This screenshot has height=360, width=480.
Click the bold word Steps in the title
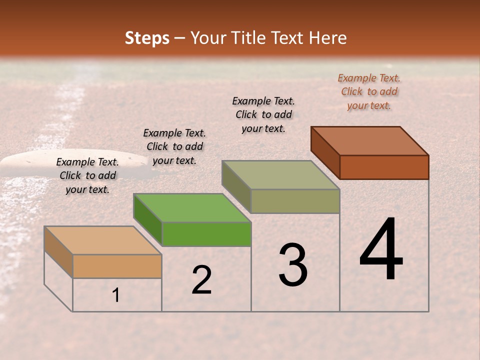[147, 38]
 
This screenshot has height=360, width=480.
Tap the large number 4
[381, 250]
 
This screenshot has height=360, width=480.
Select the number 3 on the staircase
[293, 265]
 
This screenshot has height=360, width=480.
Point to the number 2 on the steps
[201, 279]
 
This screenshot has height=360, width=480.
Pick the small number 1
[116, 295]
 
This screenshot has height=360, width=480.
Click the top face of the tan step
[102, 240]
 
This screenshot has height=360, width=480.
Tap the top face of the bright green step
[192, 207]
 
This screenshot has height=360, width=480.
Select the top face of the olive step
[281, 175]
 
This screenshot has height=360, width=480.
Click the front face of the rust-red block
[384, 167]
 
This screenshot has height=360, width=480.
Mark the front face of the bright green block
[206, 234]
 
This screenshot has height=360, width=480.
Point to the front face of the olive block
[295, 201]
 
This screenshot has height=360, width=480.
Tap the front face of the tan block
[117, 266]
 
